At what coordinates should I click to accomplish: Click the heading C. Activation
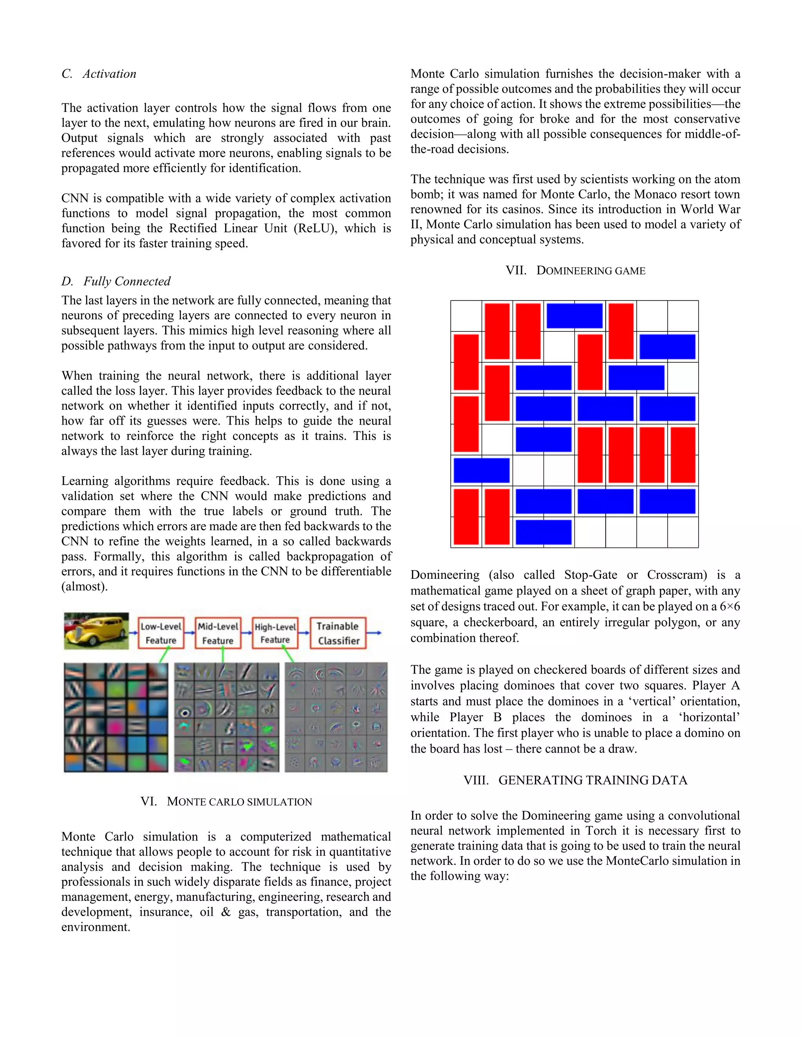click(x=99, y=74)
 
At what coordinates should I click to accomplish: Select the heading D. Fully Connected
click(x=116, y=281)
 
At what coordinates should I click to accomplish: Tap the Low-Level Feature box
click(x=161, y=633)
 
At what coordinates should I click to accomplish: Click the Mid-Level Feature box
click(x=218, y=633)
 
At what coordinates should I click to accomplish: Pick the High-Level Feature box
click(x=275, y=633)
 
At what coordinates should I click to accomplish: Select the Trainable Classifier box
click(x=338, y=633)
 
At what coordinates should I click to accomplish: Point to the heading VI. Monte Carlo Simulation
click(x=226, y=801)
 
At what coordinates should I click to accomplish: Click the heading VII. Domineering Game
click(x=575, y=271)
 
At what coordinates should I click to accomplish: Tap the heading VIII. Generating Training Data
click(x=575, y=780)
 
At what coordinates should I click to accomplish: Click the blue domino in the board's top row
click(x=574, y=316)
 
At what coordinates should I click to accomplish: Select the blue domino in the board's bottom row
click(x=543, y=532)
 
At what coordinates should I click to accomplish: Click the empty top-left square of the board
click(x=466, y=316)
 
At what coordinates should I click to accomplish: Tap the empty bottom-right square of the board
click(x=683, y=532)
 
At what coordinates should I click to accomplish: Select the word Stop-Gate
click(x=591, y=575)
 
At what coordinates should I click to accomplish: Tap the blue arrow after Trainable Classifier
click(x=374, y=632)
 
